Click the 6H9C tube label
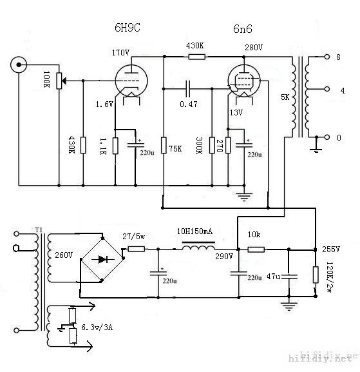pos(128,29)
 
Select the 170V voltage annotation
pos(121,52)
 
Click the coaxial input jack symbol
pos(19,65)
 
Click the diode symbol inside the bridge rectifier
pos(101,259)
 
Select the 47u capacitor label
pos(274,276)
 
